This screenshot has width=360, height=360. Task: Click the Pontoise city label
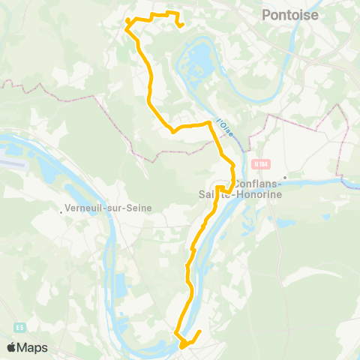(290, 14)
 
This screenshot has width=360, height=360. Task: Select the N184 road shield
(261, 164)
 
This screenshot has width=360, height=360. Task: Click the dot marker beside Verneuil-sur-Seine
(61, 211)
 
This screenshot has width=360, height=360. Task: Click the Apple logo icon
(11, 347)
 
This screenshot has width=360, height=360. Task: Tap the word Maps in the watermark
(34, 347)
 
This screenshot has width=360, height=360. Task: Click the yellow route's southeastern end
(200, 331)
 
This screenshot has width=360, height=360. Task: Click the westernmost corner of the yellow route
(125, 28)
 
